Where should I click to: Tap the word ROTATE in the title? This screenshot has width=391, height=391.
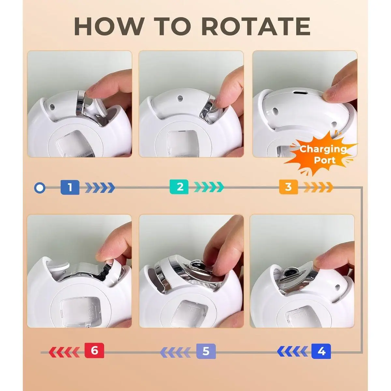click(256, 26)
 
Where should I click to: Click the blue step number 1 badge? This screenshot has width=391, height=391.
click(70, 187)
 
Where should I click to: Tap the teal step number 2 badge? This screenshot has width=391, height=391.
click(179, 187)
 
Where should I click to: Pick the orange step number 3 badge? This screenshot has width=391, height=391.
click(289, 187)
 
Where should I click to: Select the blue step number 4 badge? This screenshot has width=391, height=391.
click(321, 351)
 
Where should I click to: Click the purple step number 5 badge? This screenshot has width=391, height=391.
click(206, 351)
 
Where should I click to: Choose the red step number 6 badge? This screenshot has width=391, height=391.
click(94, 350)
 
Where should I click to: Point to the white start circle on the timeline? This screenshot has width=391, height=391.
click(39, 188)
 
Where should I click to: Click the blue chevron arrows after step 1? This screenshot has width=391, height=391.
click(100, 188)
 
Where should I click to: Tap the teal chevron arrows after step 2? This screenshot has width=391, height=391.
click(209, 187)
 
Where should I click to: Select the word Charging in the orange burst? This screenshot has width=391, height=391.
click(323, 150)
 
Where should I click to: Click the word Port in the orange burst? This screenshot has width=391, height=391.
click(325, 160)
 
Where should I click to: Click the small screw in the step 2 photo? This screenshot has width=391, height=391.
click(180, 98)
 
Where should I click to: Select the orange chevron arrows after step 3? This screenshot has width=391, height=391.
click(318, 187)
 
